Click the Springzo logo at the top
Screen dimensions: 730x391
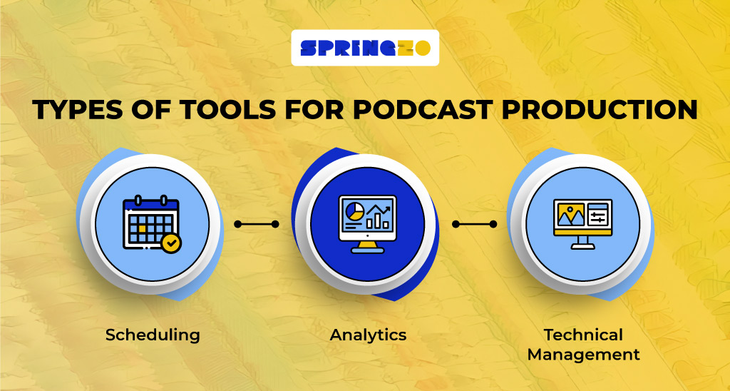pyautogui.click(x=365, y=48)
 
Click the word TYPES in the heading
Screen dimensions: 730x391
pyautogui.click(x=73, y=110)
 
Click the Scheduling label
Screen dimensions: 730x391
pyautogui.click(x=153, y=335)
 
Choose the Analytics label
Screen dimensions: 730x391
pyautogui.click(x=368, y=335)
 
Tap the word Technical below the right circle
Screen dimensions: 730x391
pyautogui.click(x=583, y=335)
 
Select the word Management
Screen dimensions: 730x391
pyautogui.click(x=583, y=355)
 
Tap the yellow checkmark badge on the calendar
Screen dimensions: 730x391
pyautogui.click(x=171, y=243)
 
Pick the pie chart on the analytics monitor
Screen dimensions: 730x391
pyautogui.click(x=354, y=210)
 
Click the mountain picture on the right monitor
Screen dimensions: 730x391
pyautogui.click(x=571, y=215)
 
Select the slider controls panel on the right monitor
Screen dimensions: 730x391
pyautogui.click(x=598, y=215)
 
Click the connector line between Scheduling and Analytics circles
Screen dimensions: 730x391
pyautogui.click(x=257, y=224)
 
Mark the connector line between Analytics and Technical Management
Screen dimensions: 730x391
pyautogui.click(x=474, y=224)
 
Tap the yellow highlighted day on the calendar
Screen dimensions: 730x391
pyautogui.click(x=143, y=228)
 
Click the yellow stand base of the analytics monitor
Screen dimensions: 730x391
pyautogui.click(x=368, y=250)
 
